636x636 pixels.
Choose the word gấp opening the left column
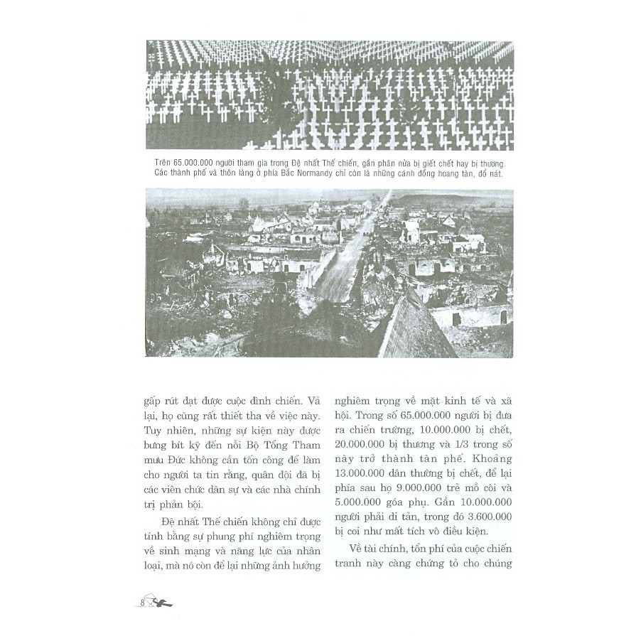click(x=153, y=401)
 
